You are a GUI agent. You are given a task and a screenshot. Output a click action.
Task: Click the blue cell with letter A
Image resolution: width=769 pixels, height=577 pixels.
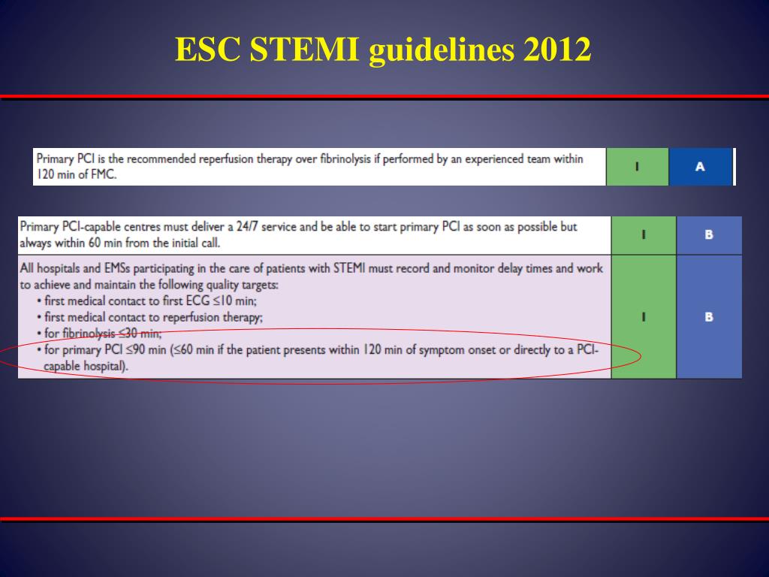point(700,167)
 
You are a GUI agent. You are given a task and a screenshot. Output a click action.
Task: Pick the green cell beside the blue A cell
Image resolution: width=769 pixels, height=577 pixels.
point(637,167)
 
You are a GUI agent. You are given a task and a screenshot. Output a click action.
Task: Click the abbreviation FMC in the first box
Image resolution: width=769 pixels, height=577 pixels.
point(104,174)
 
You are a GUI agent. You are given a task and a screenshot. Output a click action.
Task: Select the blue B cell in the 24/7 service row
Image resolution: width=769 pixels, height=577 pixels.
point(709,235)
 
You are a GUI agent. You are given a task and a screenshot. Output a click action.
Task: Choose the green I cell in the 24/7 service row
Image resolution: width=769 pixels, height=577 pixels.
point(644,235)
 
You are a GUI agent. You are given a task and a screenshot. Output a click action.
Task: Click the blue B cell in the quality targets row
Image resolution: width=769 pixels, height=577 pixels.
point(709,317)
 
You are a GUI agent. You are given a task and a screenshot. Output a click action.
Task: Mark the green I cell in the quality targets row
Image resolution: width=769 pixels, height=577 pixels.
point(644,317)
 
